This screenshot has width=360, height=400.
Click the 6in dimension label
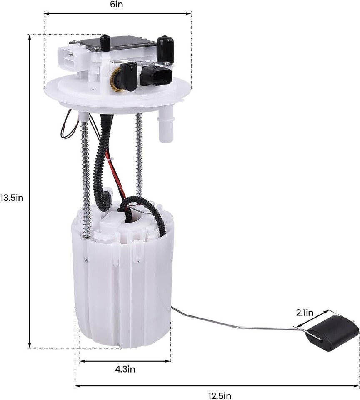pos(117,5)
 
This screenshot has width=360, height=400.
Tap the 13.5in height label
pos(12,197)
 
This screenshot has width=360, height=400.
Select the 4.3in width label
pos(125,369)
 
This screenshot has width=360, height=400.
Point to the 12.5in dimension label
pos(220,396)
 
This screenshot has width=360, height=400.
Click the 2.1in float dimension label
pos(305,313)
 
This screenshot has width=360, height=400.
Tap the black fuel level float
pos(332,333)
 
